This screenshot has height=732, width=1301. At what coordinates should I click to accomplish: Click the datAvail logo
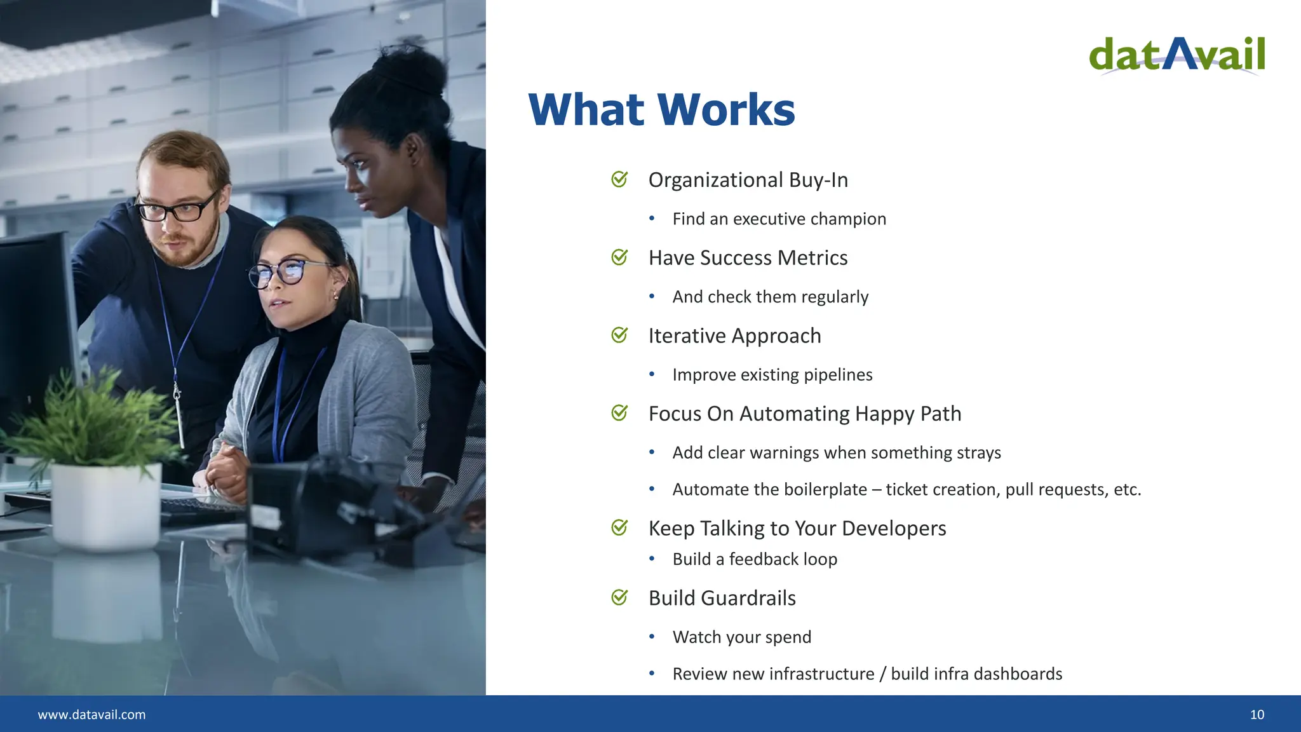(1176, 55)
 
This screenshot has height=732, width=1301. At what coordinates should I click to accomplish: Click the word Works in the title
(726, 109)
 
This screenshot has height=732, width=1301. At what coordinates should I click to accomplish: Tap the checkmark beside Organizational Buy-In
(619, 180)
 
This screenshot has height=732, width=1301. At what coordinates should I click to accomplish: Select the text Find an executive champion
(779, 219)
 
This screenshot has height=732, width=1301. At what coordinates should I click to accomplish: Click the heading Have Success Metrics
(748, 258)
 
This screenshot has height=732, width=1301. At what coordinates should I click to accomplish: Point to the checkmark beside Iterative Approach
(619, 335)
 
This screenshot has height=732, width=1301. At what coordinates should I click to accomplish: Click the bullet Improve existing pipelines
(772, 375)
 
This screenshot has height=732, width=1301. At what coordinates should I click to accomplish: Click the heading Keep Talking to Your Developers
(797, 529)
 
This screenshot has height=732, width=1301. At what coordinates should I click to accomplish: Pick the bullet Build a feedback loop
(755, 559)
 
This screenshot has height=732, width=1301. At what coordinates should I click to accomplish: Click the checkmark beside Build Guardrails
(619, 598)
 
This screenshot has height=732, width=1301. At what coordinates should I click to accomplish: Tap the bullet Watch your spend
(741, 637)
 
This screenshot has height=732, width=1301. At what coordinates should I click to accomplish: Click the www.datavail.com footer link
(91, 715)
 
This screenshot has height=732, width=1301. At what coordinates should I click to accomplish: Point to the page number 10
(1257, 715)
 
